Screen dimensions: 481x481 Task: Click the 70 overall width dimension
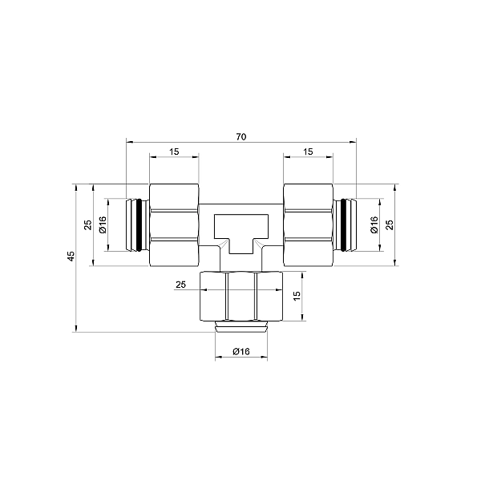coord(240,137)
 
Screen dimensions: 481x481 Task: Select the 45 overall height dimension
coord(71,256)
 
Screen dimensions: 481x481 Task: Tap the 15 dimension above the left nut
coord(174,152)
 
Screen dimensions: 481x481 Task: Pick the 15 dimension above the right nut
coord(308,152)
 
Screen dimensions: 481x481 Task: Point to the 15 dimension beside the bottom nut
coord(297,296)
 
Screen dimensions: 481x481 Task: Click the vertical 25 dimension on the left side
coord(89,225)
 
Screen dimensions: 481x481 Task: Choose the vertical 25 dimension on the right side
coord(390,225)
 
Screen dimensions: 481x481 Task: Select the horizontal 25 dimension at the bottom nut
coord(180,285)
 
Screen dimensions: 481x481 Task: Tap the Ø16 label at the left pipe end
coord(103,225)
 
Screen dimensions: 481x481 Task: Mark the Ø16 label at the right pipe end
coord(374,225)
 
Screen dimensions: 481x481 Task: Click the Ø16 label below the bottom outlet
coord(241,352)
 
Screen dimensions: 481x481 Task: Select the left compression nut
coord(174,225)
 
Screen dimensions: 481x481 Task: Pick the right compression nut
coord(308,225)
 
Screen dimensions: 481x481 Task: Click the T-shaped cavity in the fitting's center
coord(240,232)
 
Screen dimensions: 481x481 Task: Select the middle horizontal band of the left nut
coord(174,225)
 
